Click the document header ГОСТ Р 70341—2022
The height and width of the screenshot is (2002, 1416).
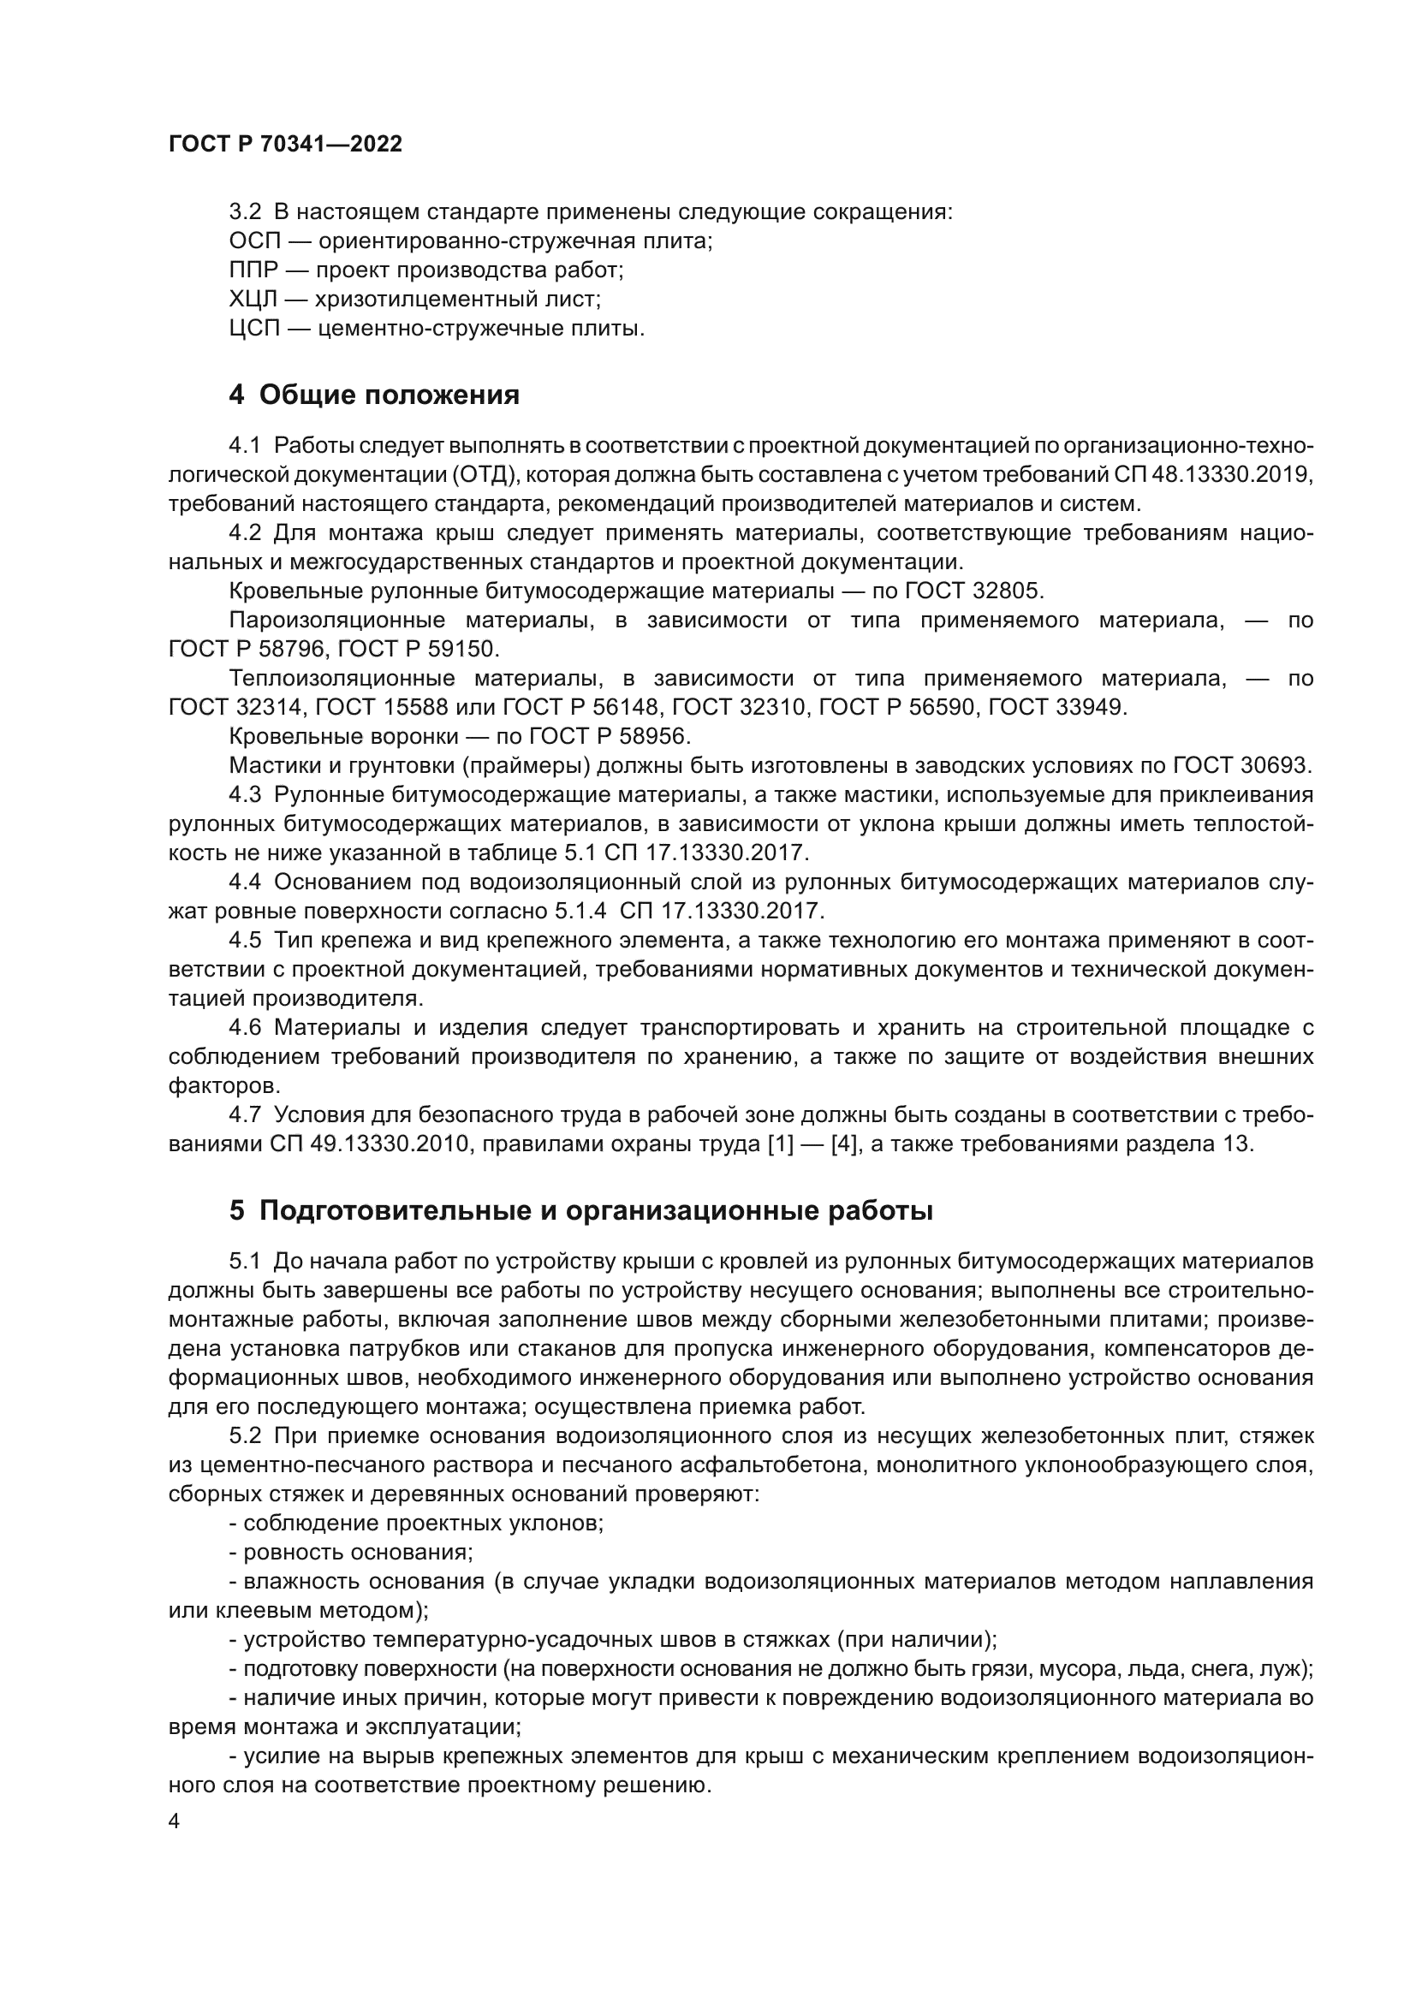click(x=285, y=145)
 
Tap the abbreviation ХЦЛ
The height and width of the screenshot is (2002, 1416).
click(x=252, y=300)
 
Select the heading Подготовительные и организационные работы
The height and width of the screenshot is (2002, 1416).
click(x=597, y=1211)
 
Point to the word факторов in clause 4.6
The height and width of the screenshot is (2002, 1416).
click(x=224, y=1086)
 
